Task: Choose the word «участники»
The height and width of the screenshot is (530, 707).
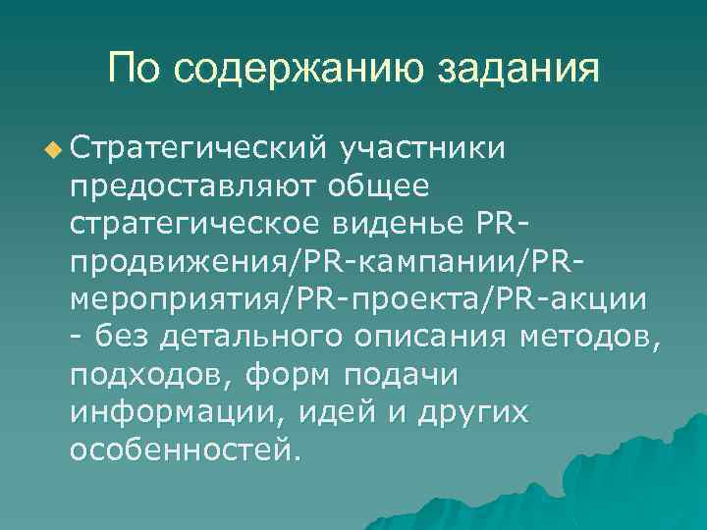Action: [422, 148]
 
